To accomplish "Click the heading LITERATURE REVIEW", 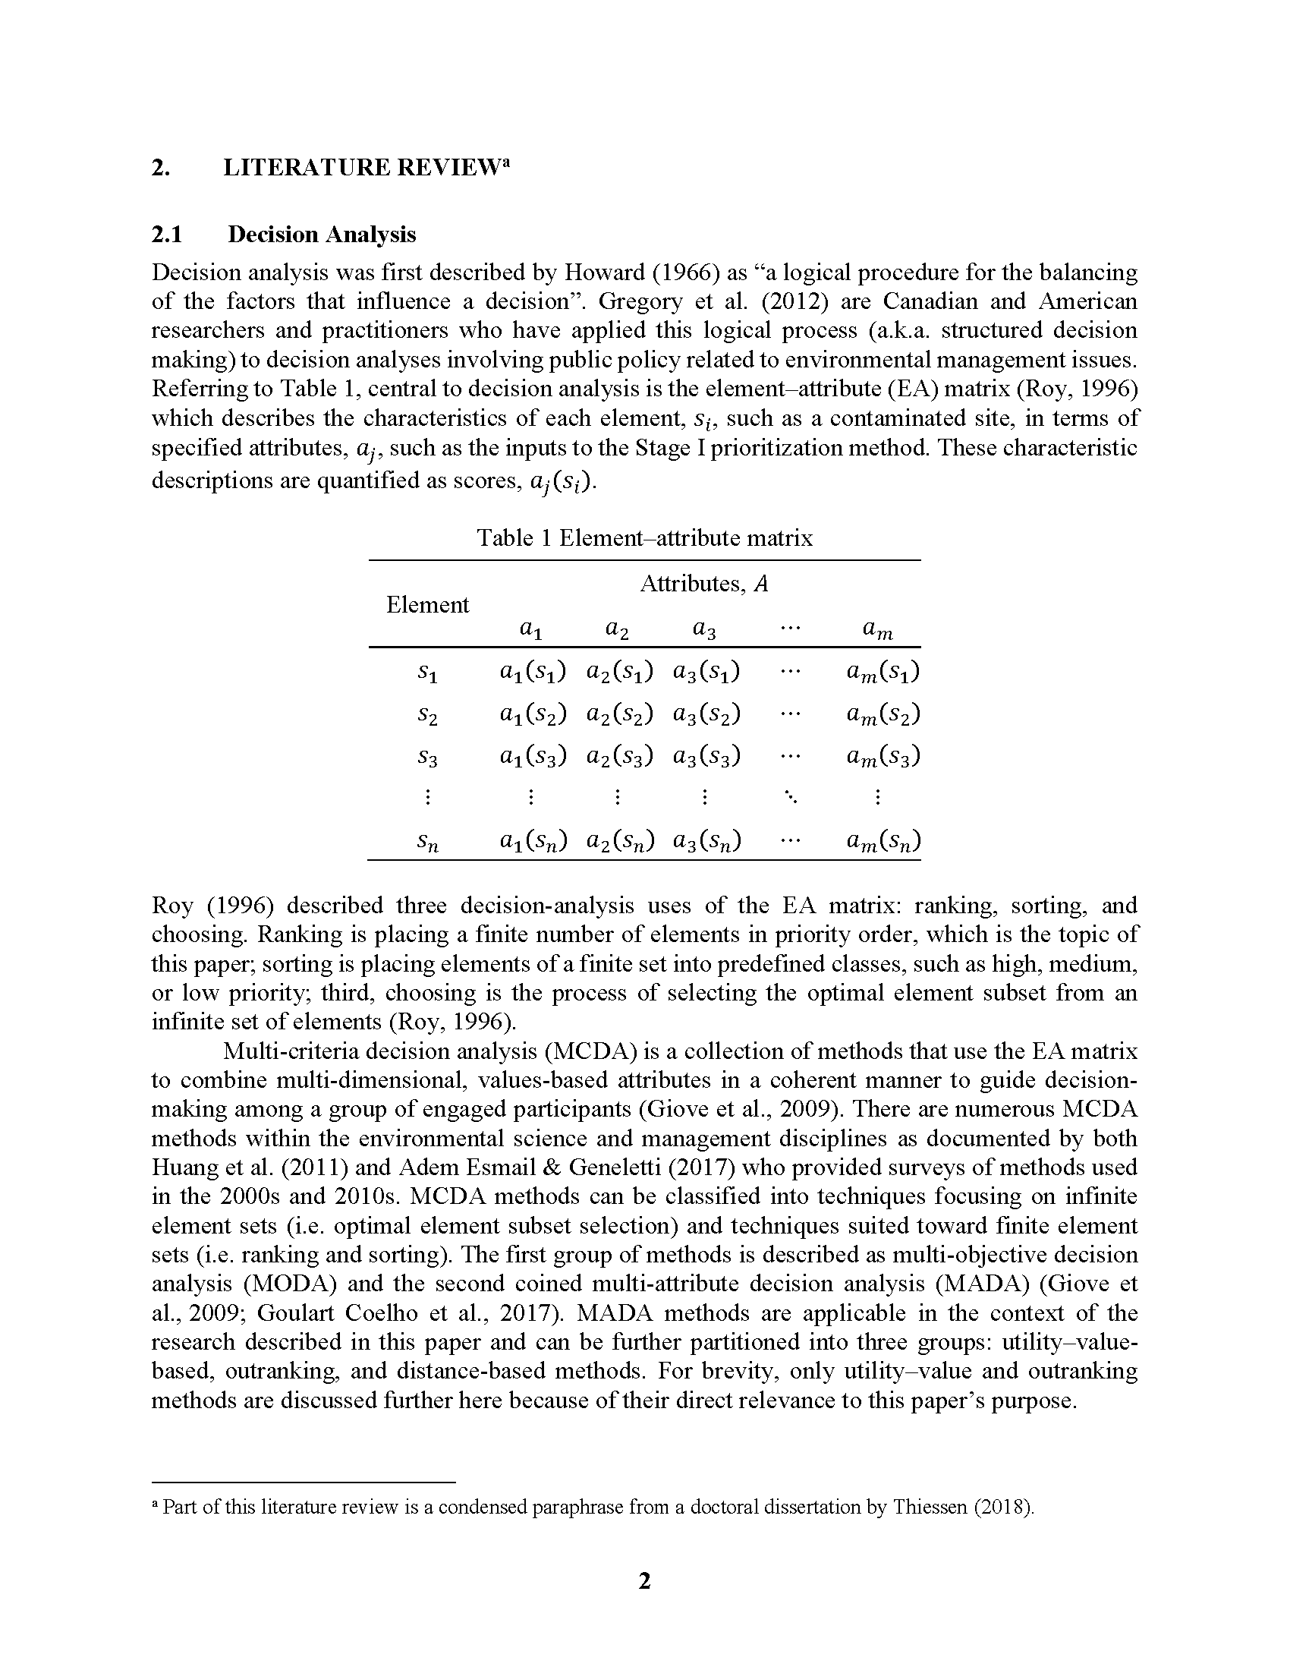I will (x=360, y=168).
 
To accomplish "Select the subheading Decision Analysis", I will (x=321, y=234).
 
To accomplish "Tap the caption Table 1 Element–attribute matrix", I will (x=644, y=537).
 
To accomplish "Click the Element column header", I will (x=427, y=605).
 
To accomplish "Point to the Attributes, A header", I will (x=704, y=584).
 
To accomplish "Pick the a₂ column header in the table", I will (x=618, y=629).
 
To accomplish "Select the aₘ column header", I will (x=877, y=629).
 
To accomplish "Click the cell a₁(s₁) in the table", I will (x=532, y=672).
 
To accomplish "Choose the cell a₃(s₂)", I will (x=706, y=714).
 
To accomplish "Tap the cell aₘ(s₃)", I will (x=883, y=756).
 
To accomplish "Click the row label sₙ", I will (x=427, y=842).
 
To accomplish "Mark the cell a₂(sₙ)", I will (x=619, y=841).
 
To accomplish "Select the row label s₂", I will (x=427, y=715).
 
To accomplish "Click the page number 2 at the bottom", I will (x=644, y=1580).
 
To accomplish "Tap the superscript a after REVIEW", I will (x=505, y=163).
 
